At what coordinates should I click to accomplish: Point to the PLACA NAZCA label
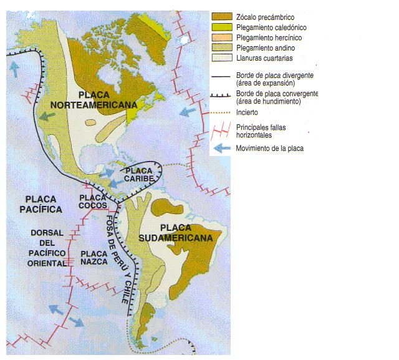point(95,258)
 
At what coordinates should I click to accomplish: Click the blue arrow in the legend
point(221,148)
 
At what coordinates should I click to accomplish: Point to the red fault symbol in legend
point(221,130)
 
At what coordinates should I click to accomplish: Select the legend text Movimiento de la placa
point(269,148)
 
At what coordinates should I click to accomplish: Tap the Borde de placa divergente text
point(274,75)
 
